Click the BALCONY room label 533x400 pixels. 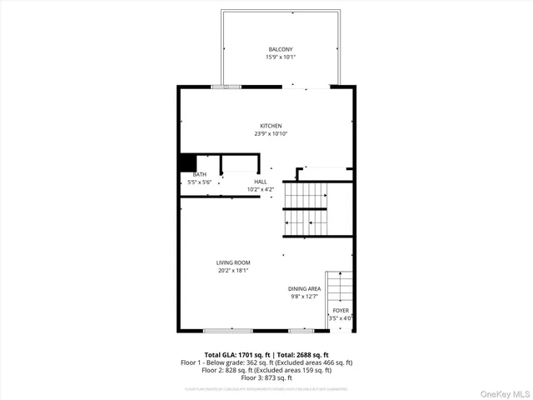(x=281, y=49)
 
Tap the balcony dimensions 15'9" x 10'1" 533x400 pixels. (x=281, y=57)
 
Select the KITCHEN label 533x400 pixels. (x=271, y=126)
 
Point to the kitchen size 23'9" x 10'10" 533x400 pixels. (x=271, y=134)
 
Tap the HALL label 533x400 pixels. (x=261, y=182)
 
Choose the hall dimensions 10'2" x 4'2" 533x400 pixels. (x=261, y=190)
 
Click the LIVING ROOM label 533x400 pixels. (x=233, y=262)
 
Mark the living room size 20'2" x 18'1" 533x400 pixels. (x=233, y=271)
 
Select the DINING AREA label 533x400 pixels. (x=304, y=288)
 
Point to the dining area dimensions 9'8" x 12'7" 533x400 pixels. (x=304, y=297)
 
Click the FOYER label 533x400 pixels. (x=341, y=310)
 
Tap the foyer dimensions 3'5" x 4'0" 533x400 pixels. (x=341, y=317)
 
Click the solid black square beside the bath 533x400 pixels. (x=187, y=162)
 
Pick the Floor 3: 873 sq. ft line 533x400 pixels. (x=266, y=378)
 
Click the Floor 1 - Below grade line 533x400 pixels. (x=266, y=362)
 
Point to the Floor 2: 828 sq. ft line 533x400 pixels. (x=266, y=371)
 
